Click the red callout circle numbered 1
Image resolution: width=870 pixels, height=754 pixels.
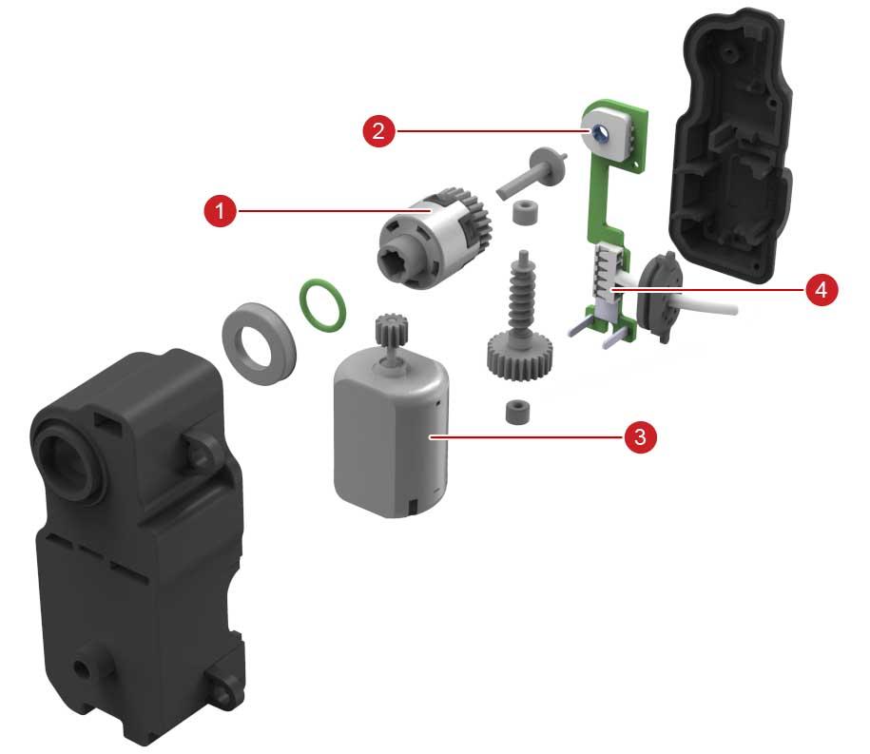pyautogui.click(x=221, y=211)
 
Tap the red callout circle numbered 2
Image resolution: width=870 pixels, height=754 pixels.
pyautogui.click(x=379, y=131)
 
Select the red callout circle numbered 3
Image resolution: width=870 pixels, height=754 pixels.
pyautogui.click(x=640, y=436)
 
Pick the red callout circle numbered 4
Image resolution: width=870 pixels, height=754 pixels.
pyautogui.click(x=822, y=289)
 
